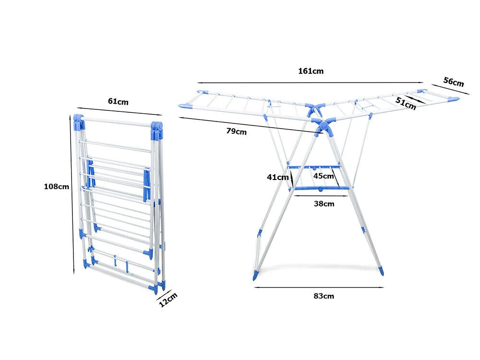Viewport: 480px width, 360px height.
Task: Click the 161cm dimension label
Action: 311,71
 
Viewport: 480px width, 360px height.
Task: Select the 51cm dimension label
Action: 406,103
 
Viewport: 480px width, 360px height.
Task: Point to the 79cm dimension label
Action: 237,132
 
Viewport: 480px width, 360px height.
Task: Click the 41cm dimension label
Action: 277,177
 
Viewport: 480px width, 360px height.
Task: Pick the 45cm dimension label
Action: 324,176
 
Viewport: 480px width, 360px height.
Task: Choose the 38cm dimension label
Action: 324,204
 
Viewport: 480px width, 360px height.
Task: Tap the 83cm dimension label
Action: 324,296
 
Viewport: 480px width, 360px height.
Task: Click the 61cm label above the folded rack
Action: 118,101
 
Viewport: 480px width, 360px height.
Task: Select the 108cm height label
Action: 57,186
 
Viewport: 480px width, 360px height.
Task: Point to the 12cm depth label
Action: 168,300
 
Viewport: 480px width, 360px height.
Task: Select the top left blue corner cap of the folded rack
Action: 79,120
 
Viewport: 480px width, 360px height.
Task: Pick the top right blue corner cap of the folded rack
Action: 156,127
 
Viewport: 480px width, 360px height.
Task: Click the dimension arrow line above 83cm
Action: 319,288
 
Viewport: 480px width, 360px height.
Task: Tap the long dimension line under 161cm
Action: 310,82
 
